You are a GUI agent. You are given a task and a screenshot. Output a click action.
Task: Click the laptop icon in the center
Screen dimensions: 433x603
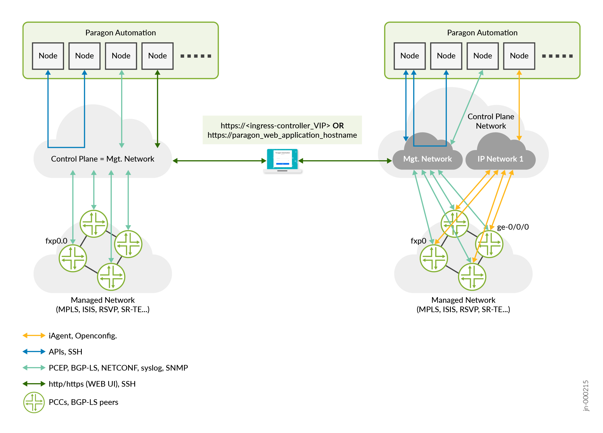[282, 160]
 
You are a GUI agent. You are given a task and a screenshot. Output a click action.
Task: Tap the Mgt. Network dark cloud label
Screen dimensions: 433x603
[427, 159]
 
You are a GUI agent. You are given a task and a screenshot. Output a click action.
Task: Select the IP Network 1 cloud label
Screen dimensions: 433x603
[500, 159]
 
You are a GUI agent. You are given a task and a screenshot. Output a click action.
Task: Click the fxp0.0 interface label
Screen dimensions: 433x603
[56, 241]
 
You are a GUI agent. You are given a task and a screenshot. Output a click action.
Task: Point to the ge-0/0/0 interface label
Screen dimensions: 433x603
[513, 227]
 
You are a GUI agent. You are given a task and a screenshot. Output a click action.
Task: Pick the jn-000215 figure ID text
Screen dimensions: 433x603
[586, 395]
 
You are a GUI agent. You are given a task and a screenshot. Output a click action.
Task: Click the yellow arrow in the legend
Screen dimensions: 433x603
[34, 335]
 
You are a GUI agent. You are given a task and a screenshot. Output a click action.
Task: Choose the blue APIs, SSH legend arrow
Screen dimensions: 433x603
[34, 352]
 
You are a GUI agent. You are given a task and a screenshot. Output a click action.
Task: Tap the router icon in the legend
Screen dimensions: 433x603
[34, 402]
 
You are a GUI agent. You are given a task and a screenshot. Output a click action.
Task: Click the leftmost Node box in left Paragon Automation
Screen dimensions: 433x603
[48, 56]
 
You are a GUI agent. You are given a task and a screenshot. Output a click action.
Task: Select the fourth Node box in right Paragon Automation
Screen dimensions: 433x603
[519, 56]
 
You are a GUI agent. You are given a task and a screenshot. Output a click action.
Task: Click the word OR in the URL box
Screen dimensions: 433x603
[338, 126]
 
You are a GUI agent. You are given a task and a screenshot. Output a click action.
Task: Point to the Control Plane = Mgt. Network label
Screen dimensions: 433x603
[103, 159]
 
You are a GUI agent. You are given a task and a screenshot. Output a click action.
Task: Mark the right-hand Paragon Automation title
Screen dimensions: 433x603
[482, 33]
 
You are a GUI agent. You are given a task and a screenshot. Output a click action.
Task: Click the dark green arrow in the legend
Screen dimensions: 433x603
[34, 384]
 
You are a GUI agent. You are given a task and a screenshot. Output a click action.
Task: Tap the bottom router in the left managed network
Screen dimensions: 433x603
[111, 277]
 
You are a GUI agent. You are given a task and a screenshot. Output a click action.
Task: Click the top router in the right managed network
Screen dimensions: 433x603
[455, 224]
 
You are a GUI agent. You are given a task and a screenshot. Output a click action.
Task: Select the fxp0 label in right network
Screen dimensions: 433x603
[418, 241]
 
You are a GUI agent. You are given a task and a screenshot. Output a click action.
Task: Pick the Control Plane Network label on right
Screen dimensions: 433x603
[491, 121]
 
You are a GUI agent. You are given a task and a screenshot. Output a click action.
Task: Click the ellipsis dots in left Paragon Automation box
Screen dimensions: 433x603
[196, 56]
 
